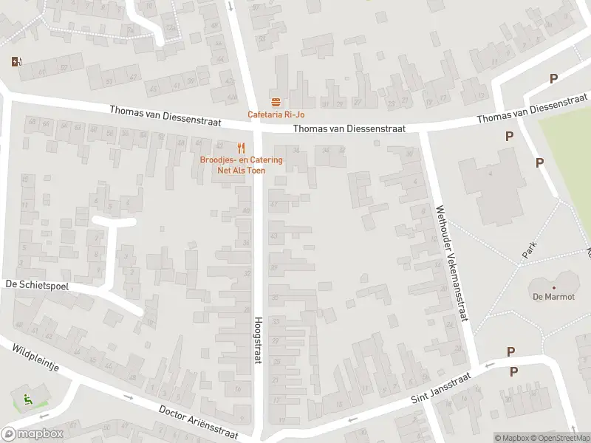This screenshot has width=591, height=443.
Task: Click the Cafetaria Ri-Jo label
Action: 276,114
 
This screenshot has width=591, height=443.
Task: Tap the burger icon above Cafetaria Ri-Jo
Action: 276,102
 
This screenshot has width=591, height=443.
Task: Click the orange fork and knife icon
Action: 241,148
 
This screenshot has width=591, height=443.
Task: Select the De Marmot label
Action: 553,298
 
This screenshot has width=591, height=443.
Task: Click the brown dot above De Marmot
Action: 553,287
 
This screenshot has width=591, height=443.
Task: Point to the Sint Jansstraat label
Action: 440,389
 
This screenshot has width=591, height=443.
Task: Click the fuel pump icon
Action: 16,62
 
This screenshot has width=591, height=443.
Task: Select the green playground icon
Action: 28,400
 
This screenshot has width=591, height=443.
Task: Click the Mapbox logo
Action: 33,434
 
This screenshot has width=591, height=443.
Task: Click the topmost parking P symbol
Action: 553,79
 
